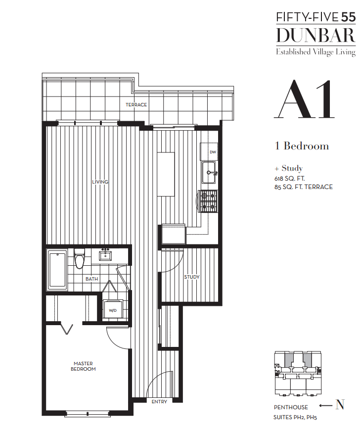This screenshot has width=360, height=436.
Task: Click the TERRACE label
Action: pyautogui.click(x=136, y=105)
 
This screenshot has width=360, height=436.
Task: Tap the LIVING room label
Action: pyautogui.click(x=100, y=182)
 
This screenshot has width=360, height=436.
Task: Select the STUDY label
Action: pyautogui.click(x=192, y=277)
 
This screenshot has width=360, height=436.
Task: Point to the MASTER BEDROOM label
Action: pyautogui.click(x=83, y=366)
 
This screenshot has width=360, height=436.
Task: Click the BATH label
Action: pyautogui.click(x=91, y=279)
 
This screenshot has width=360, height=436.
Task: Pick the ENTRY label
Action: pyautogui.click(x=159, y=402)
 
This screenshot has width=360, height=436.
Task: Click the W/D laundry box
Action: pyautogui.click(x=113, y=310)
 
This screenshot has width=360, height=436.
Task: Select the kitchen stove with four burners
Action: pyautogui.click(x=208, y=201)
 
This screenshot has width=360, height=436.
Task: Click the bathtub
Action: pyautogui.click(x=57, y=270)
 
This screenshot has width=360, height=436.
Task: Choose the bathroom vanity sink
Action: pyautogui.click(x=105, y=255)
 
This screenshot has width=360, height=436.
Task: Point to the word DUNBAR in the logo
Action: pyautogui.click(x=315, y=36)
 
